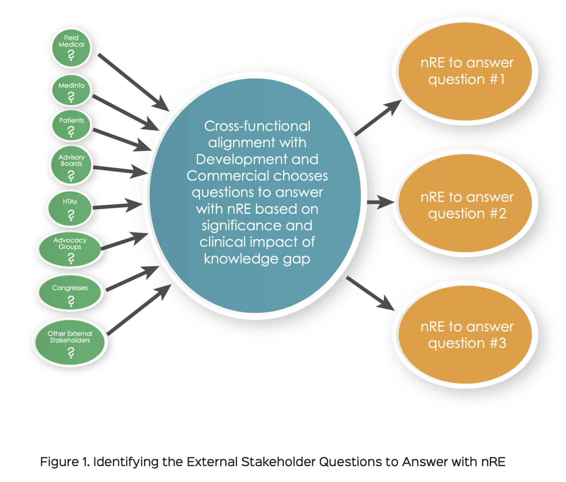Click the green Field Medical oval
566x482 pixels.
(x=71, y=48)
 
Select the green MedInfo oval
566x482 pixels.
(x=71, y=91)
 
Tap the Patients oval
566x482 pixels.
(x=71, y=125)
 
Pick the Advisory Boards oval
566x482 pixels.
(x=71, y=166)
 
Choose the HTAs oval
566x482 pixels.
(x=70, y=209)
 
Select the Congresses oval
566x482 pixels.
(x=70, y=293)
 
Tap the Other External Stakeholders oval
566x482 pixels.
(x=70, y=342)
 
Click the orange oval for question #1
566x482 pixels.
(x=465, y=71)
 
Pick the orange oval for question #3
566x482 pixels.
(x=465, y=334)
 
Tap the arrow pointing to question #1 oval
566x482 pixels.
(x=378, y=118)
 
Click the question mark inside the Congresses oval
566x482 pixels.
(x=71, y=302)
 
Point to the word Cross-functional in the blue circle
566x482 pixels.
(x=257, y=126)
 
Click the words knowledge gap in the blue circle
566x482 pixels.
(x=257, y=259)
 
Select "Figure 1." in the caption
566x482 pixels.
(x=64, y=462)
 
